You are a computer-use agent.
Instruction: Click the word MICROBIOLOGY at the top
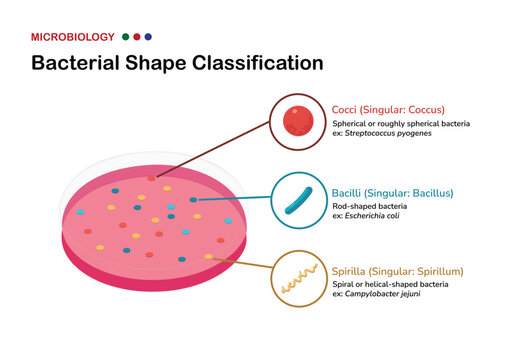coord(72,36)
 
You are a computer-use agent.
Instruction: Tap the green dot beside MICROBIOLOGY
coord(126,36)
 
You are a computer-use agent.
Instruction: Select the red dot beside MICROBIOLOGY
coord(137,36)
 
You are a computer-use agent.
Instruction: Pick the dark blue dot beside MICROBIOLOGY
coord(148,36)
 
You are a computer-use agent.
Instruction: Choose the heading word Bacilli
coord(350,193)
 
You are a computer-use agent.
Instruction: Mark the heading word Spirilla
coord(353,271)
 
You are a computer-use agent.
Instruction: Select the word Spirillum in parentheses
coord(438,271)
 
